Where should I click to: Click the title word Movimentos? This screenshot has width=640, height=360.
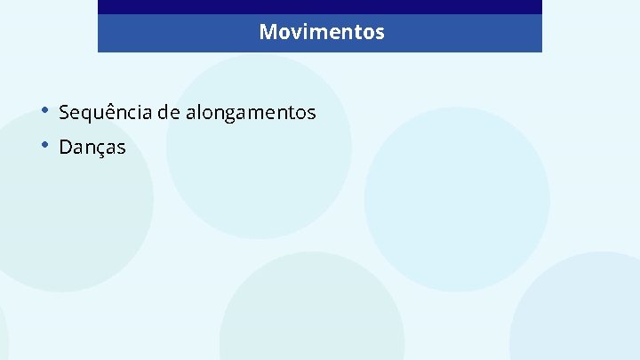coord(322,33)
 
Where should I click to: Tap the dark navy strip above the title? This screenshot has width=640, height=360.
coord(320,6)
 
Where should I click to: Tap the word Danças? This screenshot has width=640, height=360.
coord(92,148)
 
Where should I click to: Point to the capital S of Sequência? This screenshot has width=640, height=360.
coord(64,113)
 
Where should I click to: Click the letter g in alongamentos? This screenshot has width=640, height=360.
coord(227,115)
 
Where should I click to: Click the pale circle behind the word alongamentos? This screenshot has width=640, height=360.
coord(259,178)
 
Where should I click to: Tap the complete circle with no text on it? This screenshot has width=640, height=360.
coord(457,199)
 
